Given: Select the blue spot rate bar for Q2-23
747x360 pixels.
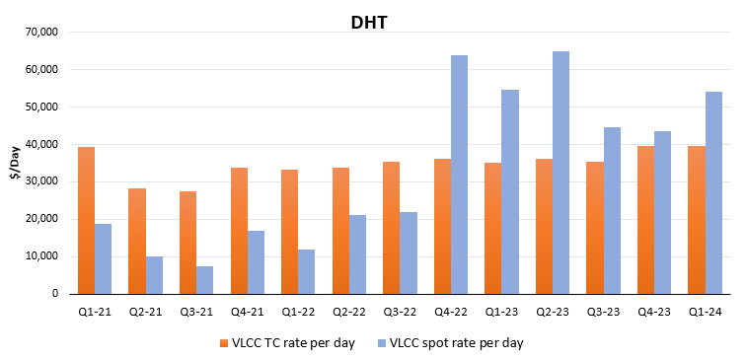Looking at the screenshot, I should coord(560,173).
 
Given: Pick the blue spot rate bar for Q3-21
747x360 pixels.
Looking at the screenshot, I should coord(205,279).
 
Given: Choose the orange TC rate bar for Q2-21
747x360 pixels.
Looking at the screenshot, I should coord(137,241).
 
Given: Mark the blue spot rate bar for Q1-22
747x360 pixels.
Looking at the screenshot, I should coord(307,271).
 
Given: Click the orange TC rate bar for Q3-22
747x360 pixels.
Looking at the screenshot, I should coord(391,228).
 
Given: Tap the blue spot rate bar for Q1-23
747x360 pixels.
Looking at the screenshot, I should coord(510,191).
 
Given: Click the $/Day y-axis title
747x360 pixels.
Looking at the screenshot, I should coord(14,163).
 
